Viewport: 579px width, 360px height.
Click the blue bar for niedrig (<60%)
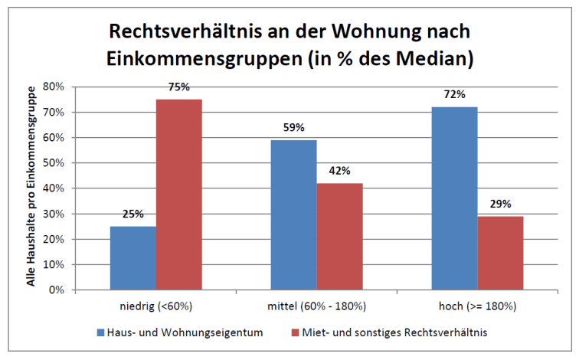(x=133, y=258)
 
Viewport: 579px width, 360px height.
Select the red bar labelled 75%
(x=179, y=195)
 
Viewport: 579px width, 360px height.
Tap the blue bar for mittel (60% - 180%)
(x=293, y=214)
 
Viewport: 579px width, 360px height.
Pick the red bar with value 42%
(x=339, y=237)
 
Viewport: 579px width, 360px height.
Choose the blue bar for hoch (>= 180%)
(x=455, y=198)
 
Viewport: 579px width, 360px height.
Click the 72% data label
(x=455, y=95)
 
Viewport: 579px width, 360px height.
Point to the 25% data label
(x=133, y=214)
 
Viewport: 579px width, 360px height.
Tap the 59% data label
(x=293, y=128)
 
